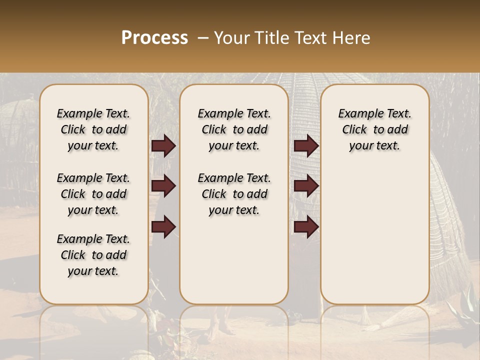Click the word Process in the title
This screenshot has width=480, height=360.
[x=154, y=38]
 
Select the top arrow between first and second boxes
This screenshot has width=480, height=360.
[x=163, y=146]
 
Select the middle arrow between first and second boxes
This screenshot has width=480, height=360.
[x=163, y=186]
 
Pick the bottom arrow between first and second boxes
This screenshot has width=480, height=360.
[x=163, y=227]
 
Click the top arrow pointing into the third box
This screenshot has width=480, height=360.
[x=306, y=146]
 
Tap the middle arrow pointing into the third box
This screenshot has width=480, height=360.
[x=306, y=186]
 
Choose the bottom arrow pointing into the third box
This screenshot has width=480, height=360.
[x=306, y=227]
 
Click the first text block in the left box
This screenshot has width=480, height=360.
[x=93, y=129]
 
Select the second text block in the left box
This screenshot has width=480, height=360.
[x=93, y=194]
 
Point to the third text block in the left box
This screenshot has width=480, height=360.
[x=93, y=255]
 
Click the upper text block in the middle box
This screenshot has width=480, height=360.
[x=234, y=129]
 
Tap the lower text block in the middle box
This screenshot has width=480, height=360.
[x=234, y=194]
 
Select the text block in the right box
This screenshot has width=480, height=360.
[x=374, y=129]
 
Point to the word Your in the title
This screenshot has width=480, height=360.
[x=231, y=38]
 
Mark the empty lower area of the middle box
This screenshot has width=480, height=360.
[x=234, y=260]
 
